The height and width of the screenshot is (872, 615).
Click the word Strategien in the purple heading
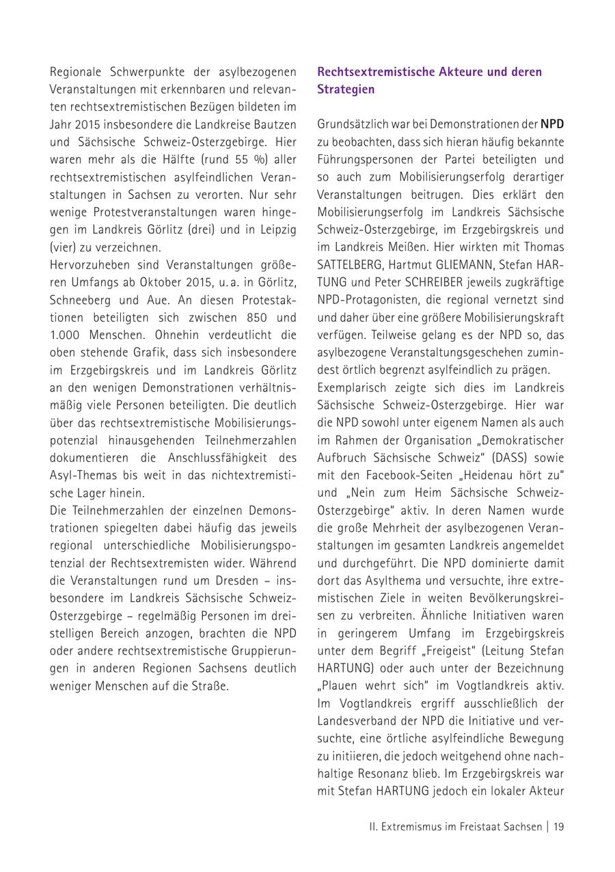coord(346,90)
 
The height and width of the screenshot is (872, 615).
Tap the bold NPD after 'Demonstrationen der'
coord(552,125)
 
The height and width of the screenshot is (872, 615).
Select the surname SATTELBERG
coord(348,264)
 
